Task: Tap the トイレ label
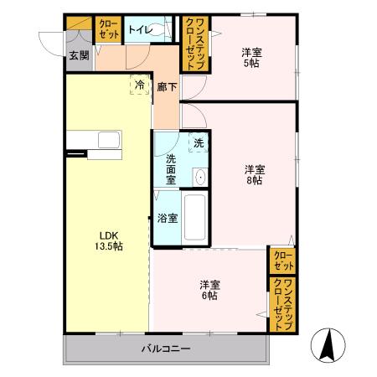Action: (139, 30)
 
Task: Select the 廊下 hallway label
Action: (166, 85)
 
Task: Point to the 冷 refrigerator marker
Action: (139, 85)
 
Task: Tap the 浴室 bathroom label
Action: (168, 219)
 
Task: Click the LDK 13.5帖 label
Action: (106, 240)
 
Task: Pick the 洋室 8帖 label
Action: (255, 175)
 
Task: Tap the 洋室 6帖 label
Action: (209, 288)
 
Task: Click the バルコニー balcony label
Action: (166, 348)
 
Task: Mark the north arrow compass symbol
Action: (328, 343)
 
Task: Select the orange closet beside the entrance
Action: (108, 30)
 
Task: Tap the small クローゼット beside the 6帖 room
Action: (282, 260)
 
